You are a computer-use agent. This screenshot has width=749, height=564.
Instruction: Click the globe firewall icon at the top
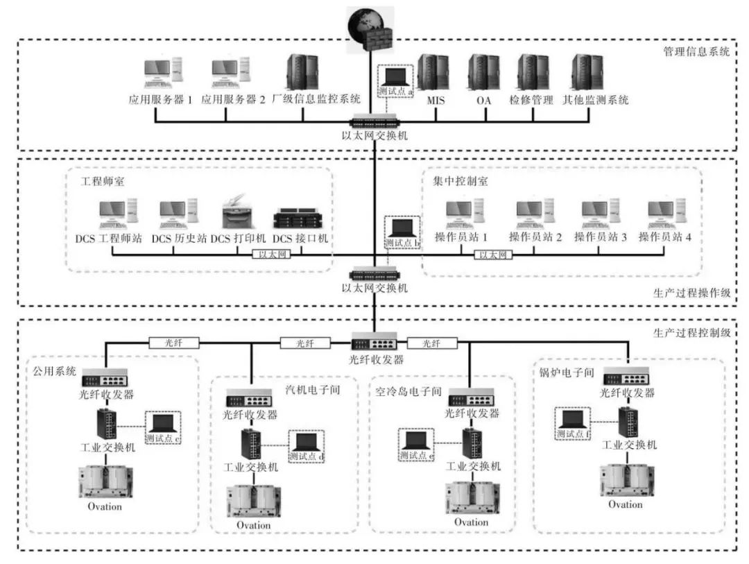[x=369, y=30]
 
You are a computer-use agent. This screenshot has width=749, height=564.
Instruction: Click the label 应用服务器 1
[x=160, y=100]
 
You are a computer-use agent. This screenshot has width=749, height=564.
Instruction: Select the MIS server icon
[x=434, y=72]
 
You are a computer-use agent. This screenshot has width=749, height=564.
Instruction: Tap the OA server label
[x=483, y=100]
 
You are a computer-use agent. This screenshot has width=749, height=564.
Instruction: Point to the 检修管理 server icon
[x=533, y=72]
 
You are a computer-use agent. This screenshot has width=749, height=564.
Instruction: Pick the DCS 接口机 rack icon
[x=300, y=217]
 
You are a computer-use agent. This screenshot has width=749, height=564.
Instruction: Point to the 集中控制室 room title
[x=450, y=180]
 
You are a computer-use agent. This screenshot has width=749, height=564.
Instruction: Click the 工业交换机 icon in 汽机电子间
[x=250, y=444]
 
